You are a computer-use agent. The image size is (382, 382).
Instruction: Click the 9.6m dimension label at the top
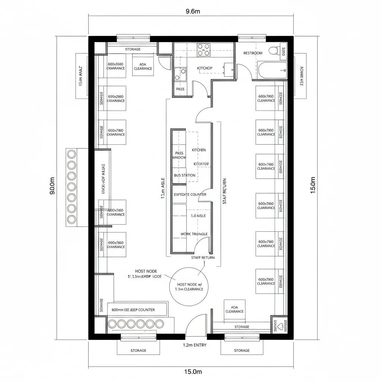click(x=193, y=11)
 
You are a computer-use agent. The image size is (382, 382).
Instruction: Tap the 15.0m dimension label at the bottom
click(x=193, y=372)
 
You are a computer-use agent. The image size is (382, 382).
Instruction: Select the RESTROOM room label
click(x=253, y=53)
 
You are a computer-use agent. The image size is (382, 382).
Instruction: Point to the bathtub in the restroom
click(x=272, y=70)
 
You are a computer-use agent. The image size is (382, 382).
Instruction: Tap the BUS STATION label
click(x=184, y=175)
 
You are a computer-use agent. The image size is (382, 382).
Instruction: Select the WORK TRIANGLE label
click(x=194, y=234)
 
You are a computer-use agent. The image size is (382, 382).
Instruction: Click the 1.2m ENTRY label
click(x=195, y=345)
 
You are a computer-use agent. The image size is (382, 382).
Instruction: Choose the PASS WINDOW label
click(x=179, y=155)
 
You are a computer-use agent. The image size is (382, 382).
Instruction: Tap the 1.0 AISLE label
click(x=198, y=216)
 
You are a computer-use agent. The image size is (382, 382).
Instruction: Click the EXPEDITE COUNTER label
click(x=190, y=195)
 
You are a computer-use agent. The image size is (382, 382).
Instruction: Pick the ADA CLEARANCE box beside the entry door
click(x=234, y=309)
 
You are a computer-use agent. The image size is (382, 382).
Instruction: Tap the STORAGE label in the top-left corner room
click(x=133, y=49)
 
